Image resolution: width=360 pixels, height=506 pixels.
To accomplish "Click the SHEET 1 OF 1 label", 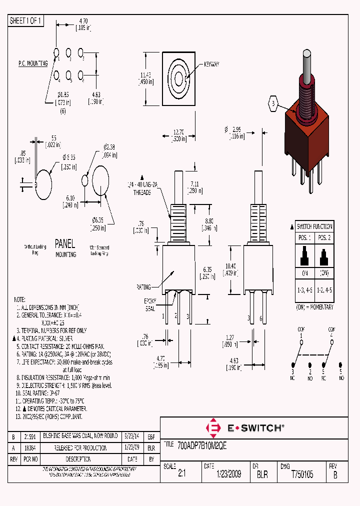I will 26,21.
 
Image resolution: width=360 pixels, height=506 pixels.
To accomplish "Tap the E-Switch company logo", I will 244,428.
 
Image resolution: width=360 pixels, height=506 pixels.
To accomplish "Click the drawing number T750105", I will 302,474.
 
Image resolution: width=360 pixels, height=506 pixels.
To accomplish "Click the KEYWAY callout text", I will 211,64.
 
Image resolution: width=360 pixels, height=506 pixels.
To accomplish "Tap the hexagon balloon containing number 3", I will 273,103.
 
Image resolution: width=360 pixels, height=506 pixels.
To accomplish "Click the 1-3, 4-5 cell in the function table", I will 305,288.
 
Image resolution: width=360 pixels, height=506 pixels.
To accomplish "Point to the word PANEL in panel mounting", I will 64,244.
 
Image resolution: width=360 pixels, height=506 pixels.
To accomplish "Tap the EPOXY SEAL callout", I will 150,304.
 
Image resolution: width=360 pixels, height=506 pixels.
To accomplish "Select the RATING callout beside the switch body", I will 144,287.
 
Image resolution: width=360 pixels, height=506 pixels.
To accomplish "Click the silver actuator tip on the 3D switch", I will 306,62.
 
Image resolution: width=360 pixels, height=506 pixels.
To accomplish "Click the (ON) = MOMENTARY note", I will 314,306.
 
